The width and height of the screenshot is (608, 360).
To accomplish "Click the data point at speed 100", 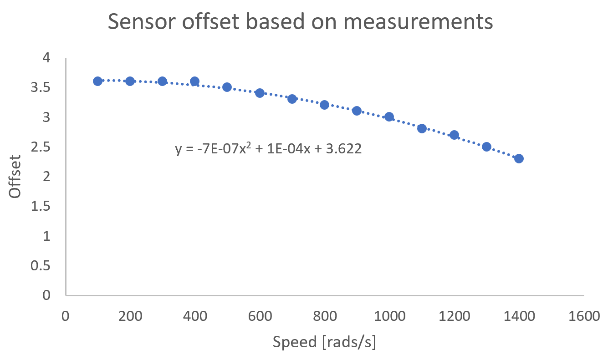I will (97, 81).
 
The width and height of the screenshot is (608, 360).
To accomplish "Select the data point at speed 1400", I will (519, 158).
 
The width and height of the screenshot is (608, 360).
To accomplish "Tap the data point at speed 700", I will (292, 99).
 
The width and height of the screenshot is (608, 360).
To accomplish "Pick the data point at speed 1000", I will (389, 117).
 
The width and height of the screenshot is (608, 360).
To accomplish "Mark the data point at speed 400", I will (194, 81).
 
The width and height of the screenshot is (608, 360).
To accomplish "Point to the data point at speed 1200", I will (454, 135).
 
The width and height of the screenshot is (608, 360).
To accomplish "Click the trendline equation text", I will (268, 149).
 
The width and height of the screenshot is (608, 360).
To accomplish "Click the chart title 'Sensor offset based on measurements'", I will (300, 22).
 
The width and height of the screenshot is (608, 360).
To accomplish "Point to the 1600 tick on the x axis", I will (583, 316).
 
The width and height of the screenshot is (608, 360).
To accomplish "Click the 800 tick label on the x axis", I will (324, 316).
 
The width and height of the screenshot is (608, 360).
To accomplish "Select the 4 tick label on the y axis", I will (47, 58).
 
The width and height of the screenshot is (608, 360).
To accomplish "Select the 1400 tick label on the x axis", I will (519, 316).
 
